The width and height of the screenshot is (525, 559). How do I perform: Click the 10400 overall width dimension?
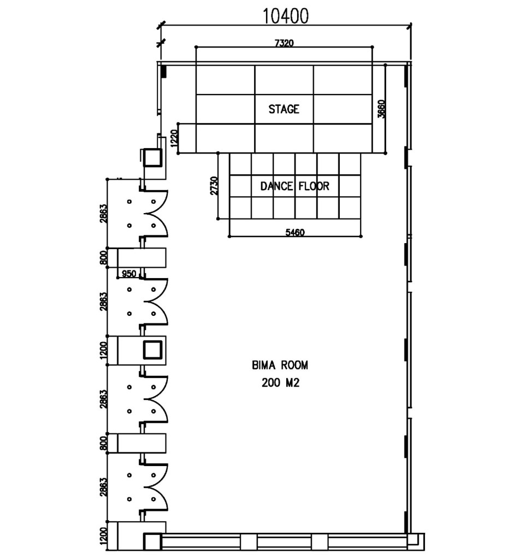coord(286,16)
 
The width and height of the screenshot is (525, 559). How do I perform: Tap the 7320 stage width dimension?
coord(284,43)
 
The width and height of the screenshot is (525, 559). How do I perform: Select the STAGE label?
coord(284,109)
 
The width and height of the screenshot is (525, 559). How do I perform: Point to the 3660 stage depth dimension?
coord(381,109)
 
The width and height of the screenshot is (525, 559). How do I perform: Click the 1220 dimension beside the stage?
coord(174,138)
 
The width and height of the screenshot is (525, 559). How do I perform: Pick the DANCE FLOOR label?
coord(295,186)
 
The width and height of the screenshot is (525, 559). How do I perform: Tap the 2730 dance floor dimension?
coord(214,186)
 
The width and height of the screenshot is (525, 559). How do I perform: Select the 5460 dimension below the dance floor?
coord(295,232)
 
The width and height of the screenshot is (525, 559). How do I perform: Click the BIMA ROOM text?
coord(280,366)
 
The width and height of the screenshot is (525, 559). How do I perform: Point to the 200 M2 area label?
coord(280,383)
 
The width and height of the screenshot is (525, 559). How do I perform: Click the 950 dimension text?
coord(129,273)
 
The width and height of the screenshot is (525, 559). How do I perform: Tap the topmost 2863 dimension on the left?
coord(103,213)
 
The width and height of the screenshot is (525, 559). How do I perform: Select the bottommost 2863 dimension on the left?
coord(103,487)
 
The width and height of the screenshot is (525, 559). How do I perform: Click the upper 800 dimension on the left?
coord(103,257)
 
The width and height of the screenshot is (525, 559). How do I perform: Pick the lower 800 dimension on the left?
coord(103,443)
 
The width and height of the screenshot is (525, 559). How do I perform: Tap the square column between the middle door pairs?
coord(152,350)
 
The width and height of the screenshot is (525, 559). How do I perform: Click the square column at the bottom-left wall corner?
coord(152,542)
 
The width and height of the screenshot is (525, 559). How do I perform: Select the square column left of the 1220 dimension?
coord(152,157)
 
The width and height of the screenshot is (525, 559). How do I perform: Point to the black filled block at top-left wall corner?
coord(163,71)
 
